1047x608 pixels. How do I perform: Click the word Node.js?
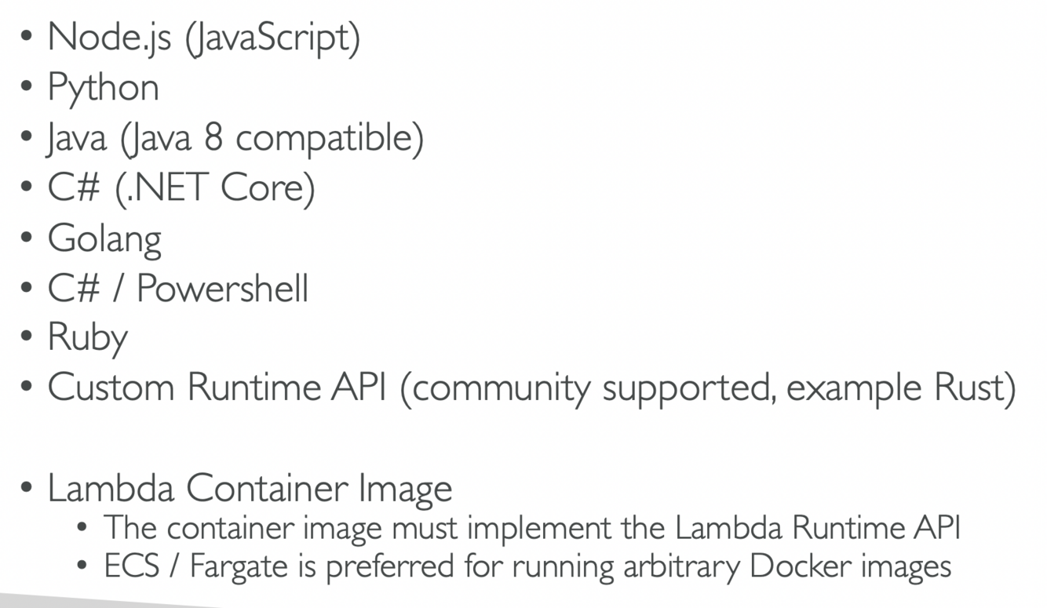tap(109, 38)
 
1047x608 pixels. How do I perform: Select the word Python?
tap(103, 89)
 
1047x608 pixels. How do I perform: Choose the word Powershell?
tap(222, 288)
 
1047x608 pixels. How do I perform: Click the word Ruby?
tap(87, 338)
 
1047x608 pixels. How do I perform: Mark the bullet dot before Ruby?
tap(27, 338)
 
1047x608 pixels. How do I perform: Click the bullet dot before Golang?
tap(27, 238)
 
